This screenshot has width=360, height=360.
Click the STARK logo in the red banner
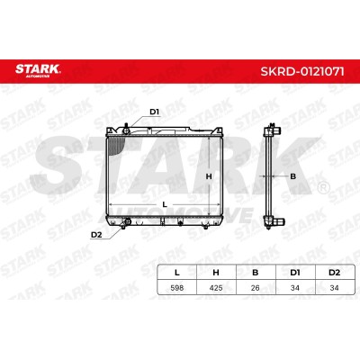(38, 70)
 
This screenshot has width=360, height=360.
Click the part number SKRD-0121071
(302, 72)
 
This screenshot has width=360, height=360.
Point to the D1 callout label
(154, 112)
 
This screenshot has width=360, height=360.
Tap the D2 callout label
(96, 235)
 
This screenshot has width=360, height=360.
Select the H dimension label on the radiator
(209, 176)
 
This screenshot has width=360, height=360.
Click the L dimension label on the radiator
(165, 204)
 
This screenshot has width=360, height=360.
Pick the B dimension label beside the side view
(292, 176)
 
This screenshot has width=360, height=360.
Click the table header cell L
(177, 273)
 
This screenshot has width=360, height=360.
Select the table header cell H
(216, 273)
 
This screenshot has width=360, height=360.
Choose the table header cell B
(256, 273)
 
